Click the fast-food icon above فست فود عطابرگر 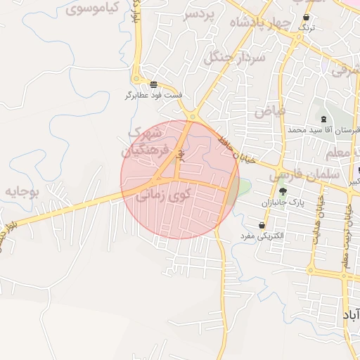[154, 84]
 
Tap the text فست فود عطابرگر [154, 94]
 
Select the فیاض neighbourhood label [270, 110]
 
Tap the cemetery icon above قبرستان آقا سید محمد [323, 120]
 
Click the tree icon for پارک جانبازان [283, 192]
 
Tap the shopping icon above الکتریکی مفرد [262, 226]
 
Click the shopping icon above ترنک [306, 18]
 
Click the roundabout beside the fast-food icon [192, 116]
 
